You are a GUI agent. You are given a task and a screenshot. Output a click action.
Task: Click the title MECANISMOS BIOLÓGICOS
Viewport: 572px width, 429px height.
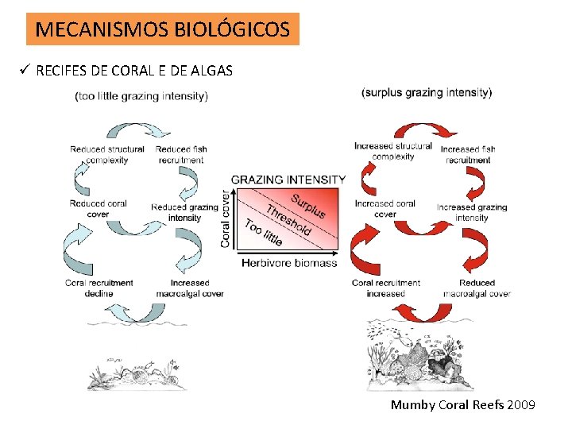(x=163, y=29)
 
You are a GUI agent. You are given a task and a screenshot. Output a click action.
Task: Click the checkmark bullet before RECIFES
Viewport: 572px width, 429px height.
(x=25, y=71)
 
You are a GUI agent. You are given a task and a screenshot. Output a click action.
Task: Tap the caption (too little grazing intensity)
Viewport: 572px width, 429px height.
(x=141, y=97)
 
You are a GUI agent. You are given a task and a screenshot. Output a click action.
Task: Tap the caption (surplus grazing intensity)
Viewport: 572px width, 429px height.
(x=427, y=92)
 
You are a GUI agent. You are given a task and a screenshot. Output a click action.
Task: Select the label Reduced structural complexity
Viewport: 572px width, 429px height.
(x=107, y=154)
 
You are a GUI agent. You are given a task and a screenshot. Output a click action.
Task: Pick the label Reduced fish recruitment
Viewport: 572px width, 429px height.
(x=182, y=154)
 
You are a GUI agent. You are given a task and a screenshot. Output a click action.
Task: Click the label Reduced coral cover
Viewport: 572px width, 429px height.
(x=99, y=209)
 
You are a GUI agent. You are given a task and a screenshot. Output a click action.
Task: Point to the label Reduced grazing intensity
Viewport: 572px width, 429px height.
(x=184, y=212)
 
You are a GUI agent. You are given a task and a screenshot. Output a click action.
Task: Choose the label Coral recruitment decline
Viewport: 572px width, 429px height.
(x=100, y=288)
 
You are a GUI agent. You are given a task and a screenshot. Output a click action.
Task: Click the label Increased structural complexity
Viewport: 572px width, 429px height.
(x=393, y=151)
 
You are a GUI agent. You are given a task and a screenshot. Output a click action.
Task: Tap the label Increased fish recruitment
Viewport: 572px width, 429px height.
(x=468, y=154)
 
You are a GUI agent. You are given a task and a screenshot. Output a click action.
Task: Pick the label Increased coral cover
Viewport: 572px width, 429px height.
(x=385, y=208)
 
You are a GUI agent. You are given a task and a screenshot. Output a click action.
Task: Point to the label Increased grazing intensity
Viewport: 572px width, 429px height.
(x=472, y=212)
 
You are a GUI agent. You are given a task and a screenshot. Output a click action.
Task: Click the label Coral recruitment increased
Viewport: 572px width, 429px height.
(x=386, y=288)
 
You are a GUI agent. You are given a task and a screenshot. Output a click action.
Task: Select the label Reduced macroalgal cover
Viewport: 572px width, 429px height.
(x=477, y=288)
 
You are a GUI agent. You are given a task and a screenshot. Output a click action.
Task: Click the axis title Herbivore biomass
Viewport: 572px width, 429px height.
(x=289, y=262)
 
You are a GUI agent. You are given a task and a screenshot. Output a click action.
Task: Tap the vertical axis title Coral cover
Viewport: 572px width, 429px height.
(x=226, y=218)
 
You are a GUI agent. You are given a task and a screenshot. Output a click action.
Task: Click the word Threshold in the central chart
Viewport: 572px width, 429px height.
(x=288, y=220)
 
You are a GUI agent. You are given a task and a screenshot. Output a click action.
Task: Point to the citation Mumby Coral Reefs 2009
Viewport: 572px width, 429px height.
(x=462, y=405)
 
